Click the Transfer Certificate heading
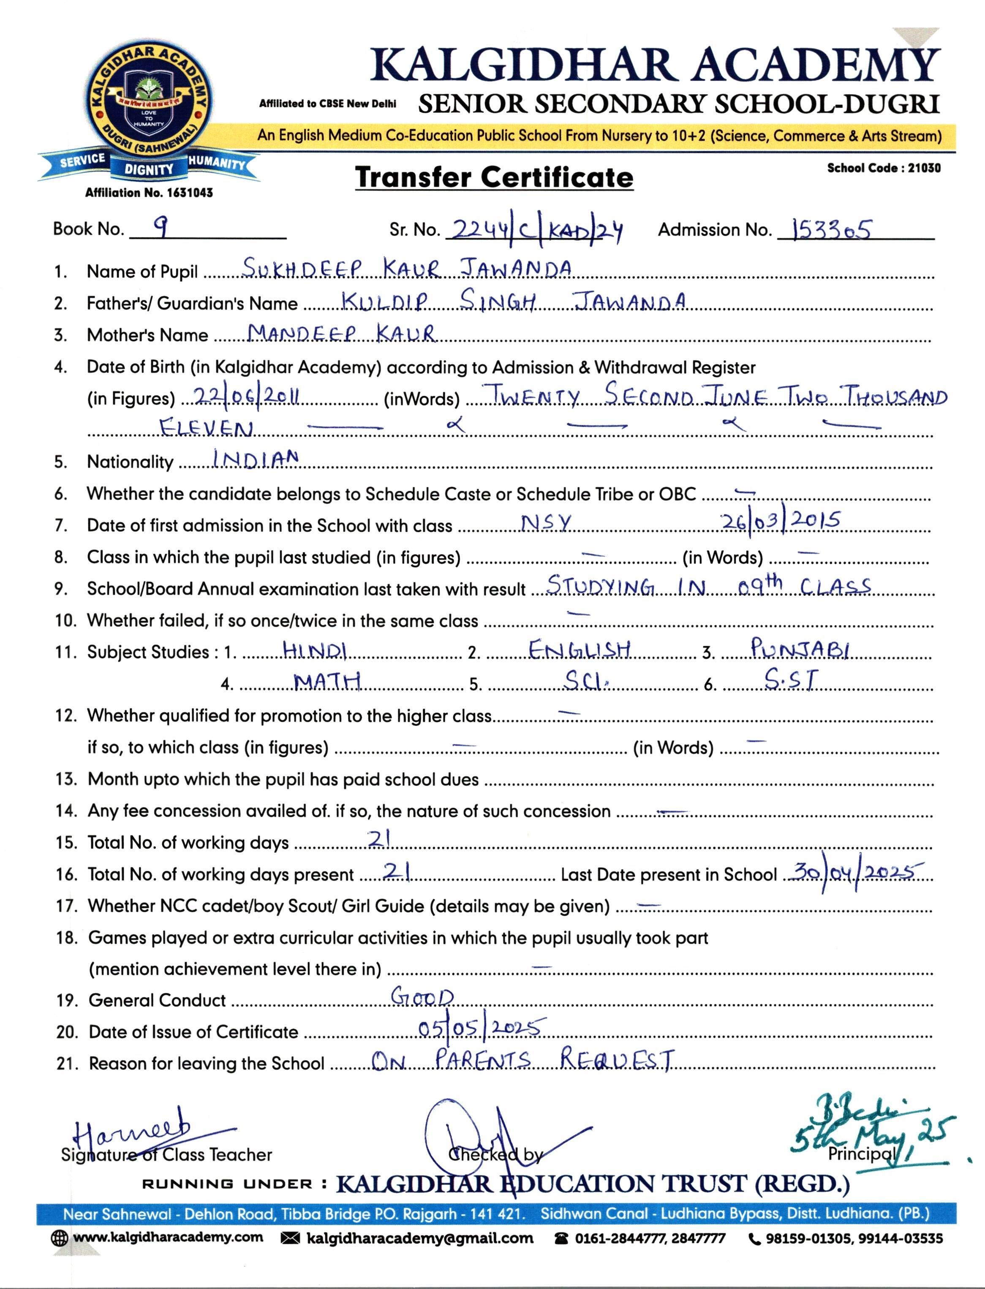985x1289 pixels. pos(494,177)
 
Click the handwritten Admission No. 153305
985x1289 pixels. pos(831,229)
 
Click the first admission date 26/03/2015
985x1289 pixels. pos(781,520)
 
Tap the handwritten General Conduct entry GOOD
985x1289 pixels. pos(422,996)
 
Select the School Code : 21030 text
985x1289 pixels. pos(884,168)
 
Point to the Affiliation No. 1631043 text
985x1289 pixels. pos(149,192)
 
